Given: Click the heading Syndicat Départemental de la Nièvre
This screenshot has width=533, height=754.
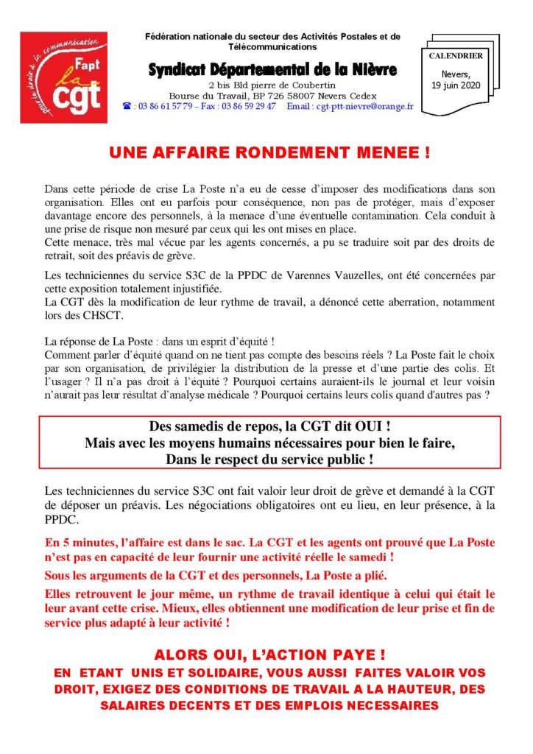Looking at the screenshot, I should pyautogui.click(x=272, y=69).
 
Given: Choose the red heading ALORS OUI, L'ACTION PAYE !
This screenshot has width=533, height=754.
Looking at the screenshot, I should pyautogui.click(x=269, y=655).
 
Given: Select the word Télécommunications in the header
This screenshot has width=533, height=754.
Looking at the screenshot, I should pyautogui.click(x=272, y=46).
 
